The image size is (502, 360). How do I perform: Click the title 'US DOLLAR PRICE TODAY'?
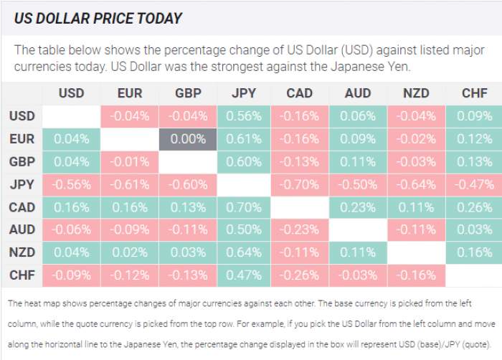[x=98, y=18]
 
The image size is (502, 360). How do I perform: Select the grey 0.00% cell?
[x=187, y=139]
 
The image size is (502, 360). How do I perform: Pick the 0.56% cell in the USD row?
[x=244, y=116]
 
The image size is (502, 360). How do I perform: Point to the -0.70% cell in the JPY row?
[x=300, y=184]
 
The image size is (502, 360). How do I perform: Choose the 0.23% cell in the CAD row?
[x=358, y=207]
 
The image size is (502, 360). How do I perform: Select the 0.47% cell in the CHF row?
[x=244, y=275]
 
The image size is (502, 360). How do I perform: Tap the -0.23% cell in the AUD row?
[x=300, y=229]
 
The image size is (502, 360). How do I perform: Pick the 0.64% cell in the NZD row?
[x=244, y=252]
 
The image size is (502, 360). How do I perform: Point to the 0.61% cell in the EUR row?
[x=244, y=139]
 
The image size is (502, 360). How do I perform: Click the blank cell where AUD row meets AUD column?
[x=358, y=229]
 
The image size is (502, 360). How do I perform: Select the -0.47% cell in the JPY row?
[x=473, y=184]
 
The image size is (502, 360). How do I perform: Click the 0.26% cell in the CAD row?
[x=473, y=207]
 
